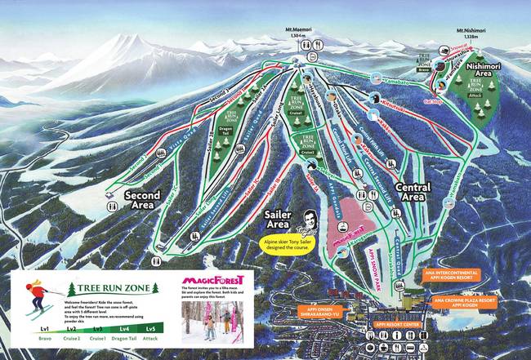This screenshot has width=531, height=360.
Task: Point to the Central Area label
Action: pos(413,192)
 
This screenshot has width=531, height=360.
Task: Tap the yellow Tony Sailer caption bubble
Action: pos(295,244)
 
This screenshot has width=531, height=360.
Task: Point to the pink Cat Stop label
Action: pos(455,103)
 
